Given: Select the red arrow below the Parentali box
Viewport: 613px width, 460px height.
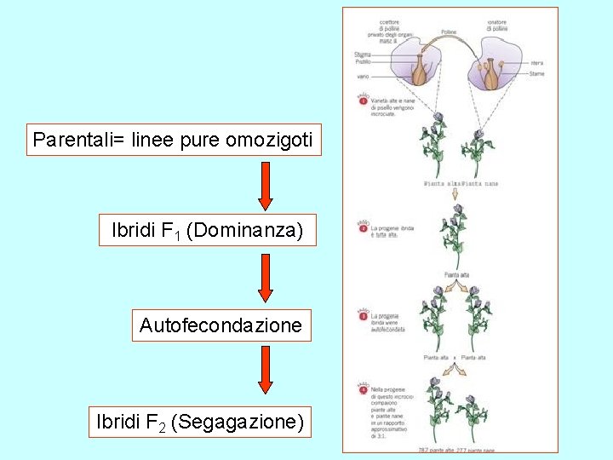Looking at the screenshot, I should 266,185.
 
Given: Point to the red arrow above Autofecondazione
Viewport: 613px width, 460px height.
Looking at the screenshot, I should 266,277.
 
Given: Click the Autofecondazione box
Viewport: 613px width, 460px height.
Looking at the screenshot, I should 221,325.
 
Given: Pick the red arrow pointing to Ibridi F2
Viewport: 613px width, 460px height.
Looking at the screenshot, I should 266,369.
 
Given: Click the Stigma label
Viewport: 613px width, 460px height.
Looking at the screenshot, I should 362,55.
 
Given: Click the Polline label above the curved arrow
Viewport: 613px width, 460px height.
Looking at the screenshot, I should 448,32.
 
